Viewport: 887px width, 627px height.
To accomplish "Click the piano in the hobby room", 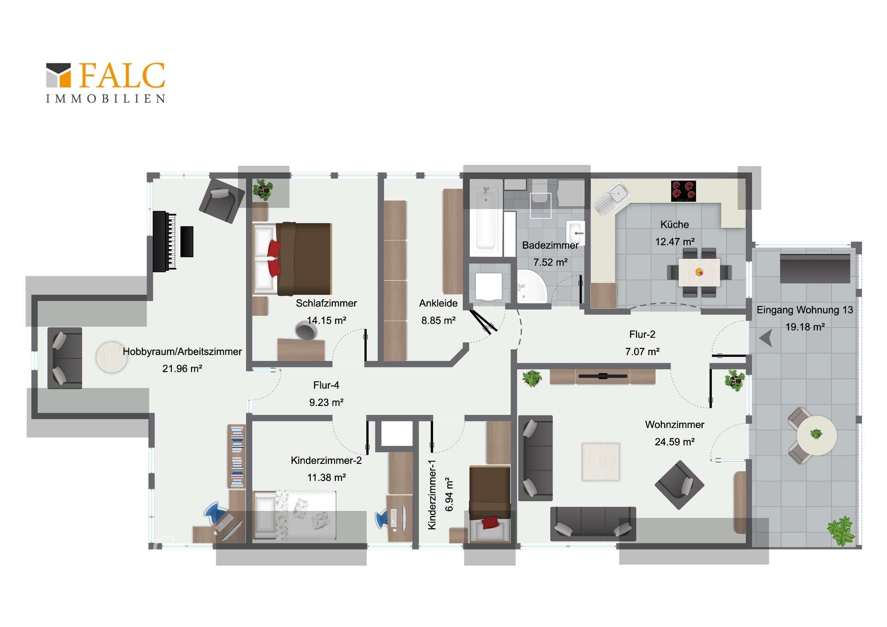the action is [164, 241].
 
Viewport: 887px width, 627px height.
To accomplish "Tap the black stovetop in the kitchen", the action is [683, 191].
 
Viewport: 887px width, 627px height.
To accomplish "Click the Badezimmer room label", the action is [550, 245].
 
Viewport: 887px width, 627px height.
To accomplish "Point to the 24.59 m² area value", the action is [674, 442].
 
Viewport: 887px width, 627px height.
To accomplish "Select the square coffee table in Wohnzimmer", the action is [601, 462].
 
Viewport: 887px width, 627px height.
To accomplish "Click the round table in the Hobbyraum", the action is [111, 357].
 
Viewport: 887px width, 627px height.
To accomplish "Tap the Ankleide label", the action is [438, 303].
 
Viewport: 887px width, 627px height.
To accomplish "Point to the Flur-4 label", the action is [326, 385].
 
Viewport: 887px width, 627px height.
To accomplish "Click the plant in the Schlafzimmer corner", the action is [263, 189].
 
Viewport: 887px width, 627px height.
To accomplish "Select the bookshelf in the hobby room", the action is [237, 457].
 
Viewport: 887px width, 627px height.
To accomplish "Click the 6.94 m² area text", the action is [449, 494].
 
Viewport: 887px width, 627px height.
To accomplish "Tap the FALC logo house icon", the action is [59, 75].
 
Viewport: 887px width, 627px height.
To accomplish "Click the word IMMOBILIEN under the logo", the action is [106, 98].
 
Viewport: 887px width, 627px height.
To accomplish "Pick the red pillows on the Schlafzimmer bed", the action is [274, 258].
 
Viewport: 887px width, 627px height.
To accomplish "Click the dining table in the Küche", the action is [699, 272].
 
